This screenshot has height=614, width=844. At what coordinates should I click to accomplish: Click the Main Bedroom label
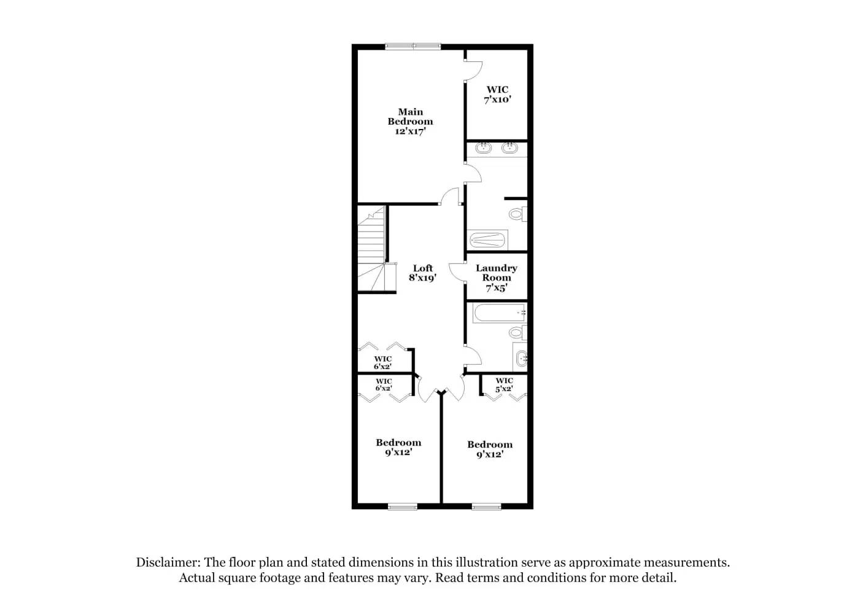[410, 117]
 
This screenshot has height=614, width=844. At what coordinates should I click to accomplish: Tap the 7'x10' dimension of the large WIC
[497, 99]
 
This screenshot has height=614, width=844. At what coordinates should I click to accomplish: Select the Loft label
[422, 268]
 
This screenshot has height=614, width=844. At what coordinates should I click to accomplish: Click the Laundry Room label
[496, 273]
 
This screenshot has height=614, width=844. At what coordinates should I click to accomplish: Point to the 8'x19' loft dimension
[422, 278]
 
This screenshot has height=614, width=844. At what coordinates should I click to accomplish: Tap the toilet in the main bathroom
[516, 214]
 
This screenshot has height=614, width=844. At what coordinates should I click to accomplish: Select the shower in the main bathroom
[488, 239]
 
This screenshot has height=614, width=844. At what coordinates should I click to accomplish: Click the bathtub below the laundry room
[499, 313]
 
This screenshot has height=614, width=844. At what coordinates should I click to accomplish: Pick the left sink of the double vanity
[484, 147]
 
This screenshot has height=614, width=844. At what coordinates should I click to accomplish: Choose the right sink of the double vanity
[509, 147]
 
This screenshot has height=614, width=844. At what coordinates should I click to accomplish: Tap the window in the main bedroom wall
[413, 46]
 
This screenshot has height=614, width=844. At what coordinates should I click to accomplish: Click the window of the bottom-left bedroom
[403, 507]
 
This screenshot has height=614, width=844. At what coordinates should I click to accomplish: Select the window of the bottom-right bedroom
[487, 507]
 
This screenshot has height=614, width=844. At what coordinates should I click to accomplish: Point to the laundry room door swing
[456, 272]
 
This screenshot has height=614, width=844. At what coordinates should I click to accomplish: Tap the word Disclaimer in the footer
[167, 562]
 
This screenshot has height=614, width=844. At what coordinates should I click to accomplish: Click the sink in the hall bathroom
[522, 358]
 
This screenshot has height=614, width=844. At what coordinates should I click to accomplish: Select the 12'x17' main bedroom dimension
[410, 131]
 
